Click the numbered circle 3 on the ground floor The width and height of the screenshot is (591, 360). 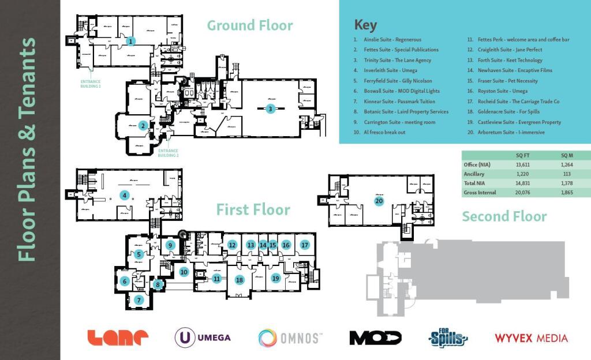click(270, 108)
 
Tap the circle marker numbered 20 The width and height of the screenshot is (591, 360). click(379, 201)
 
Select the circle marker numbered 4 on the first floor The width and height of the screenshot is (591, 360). click(124, 195)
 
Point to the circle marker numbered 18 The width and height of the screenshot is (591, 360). click(240, 280)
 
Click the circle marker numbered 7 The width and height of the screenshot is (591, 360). click(139, 299)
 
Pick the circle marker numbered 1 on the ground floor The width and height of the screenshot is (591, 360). click(131, 41)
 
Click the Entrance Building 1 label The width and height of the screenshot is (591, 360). click(91, 84)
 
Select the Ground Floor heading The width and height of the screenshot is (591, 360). click(250, 25)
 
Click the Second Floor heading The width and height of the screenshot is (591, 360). click(504, 216)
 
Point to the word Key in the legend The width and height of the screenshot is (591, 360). click(365, 25)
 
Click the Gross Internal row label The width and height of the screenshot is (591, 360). click(480, 193)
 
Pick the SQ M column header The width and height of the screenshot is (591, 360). click(567, 156)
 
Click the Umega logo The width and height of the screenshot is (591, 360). click(203, 337)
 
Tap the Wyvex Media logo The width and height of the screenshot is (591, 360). click(531, 338)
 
